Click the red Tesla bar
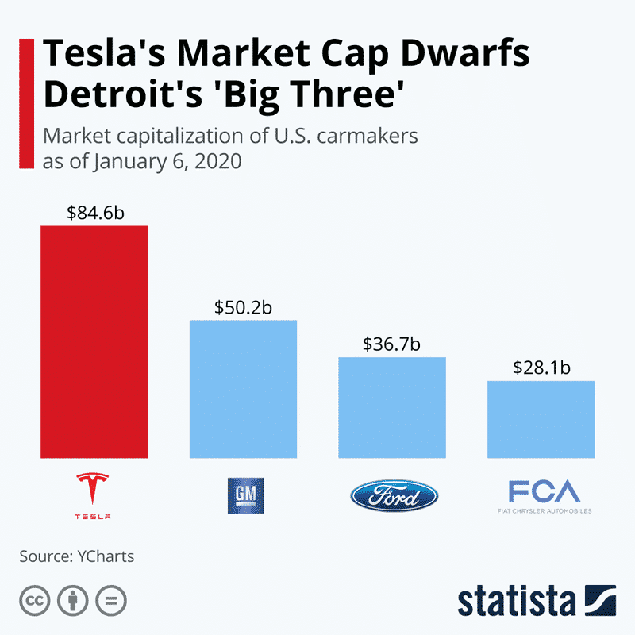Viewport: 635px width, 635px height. click(x=94, y=341)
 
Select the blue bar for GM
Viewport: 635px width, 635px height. click(x=242, y=389)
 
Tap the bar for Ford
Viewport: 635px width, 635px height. click(x=392, y=407)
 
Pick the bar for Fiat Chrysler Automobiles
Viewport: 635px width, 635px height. click(x=541, y=419)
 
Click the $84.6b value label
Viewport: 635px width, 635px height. click(x=94, y=212)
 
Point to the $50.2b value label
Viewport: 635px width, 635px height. click(x=242, y=306)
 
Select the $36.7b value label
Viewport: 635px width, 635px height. click(x=392, y=344)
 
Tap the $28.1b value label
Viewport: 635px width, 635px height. click(x=541, y=368)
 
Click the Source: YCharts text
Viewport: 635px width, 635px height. click(x=77, y=556)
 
